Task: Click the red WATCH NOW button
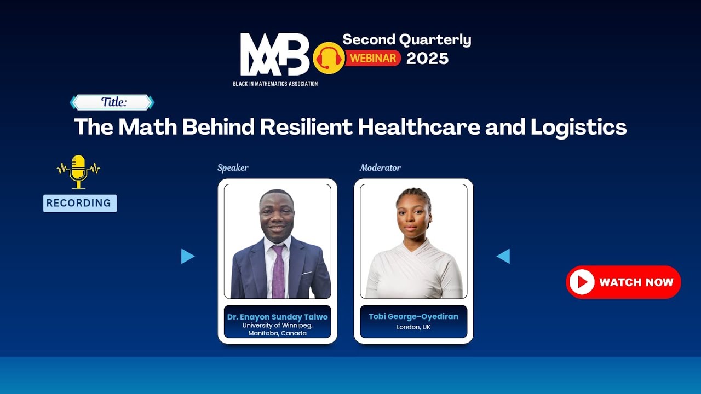(623, 282)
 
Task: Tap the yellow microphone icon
(78, 171)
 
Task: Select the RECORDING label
(79, 204)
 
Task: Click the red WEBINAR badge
(373, 58)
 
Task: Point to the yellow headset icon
(329, 58)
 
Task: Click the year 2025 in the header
(427, 59)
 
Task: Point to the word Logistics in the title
(578, 127)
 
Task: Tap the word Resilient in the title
(306, 127)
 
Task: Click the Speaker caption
(233, 168)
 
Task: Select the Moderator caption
(380, 168)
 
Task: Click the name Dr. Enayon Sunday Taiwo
(277, 317)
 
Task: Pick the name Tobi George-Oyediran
(413, 316)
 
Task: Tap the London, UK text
(413, 327)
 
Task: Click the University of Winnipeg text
(277, 325)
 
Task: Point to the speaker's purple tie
(278, 271)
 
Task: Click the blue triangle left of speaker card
(187, 256)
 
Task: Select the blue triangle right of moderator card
(503, 256)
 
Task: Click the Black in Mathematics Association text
(275, 84)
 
